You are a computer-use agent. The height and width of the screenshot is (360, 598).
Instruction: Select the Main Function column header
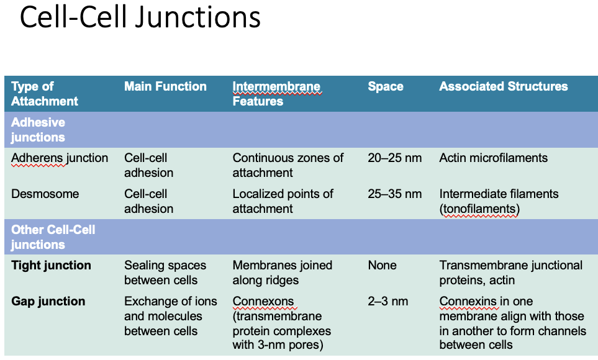tap(165, 87)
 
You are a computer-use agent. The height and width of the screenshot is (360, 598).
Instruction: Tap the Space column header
tap(385, 87)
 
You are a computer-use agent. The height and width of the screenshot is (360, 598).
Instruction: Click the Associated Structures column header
tap(503, 87)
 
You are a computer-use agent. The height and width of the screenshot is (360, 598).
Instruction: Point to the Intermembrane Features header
tap(276, 94)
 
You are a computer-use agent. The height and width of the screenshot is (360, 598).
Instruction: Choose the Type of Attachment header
tap(45, 94)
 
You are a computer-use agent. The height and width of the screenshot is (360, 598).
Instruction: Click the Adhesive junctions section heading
tap(38, 130)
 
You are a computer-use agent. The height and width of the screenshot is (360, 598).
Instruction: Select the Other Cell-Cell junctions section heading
tap(53, 237)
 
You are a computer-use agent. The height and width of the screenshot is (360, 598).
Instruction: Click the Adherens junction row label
tap(60, 158)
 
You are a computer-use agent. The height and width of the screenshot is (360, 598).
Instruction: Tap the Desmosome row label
tap(45, 194)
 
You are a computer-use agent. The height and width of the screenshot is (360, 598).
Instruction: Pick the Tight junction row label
tap(51, 266)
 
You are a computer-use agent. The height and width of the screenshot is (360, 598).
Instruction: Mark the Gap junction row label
tap(48, 302)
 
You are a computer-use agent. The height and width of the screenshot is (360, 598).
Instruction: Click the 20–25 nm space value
tap(394, 158)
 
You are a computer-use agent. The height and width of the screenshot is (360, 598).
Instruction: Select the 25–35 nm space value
tap(394, 194)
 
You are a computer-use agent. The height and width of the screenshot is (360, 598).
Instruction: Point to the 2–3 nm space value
tap(388, 302)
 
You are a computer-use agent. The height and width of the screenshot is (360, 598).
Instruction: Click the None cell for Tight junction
tap(382, 266)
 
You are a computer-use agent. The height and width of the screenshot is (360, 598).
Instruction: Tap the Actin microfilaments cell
tap(493, 158)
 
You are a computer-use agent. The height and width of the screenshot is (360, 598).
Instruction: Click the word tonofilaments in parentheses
tap(479, 209)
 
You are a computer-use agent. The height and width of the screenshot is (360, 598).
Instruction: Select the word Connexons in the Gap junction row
tap(263, 302)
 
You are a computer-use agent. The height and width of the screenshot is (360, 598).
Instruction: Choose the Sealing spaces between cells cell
tap(166, 273)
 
